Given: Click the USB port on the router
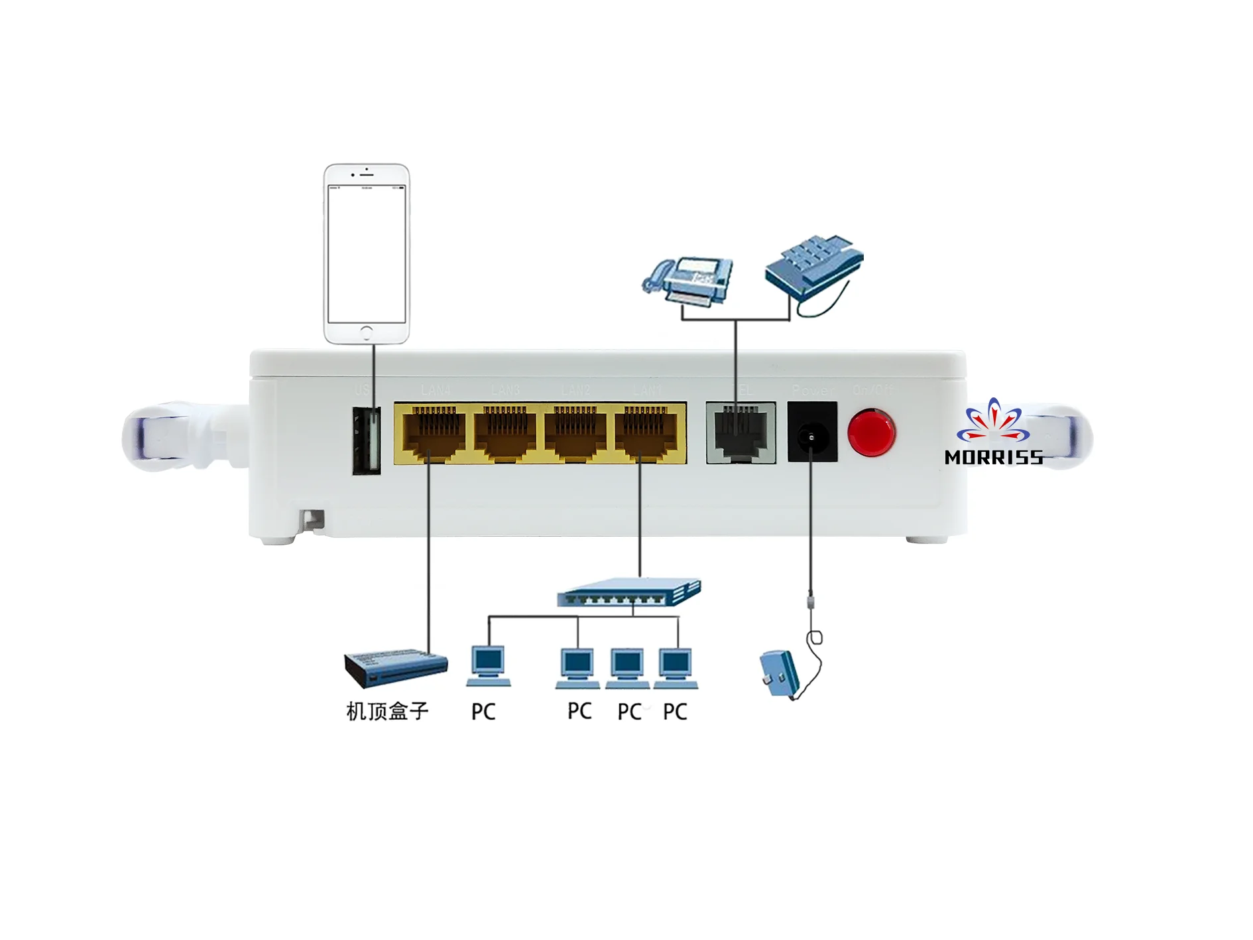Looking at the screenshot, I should pos(367,440).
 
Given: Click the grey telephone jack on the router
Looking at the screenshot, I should pos(741,432).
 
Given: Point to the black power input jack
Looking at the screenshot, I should pos(811,437).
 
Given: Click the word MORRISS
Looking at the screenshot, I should pos(993,458).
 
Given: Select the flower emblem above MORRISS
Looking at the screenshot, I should pos(993,421).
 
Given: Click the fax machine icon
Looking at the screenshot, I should pos(689,281).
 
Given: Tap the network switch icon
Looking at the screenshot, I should pos(628,592).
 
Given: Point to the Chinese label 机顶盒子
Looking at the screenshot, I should pos(387,712).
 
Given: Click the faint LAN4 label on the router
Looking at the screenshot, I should pos(436,390).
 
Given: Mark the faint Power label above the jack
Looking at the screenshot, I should pos(813,391).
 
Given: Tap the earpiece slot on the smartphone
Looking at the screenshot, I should pos(367,174).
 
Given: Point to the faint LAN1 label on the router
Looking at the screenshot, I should pos(646,390).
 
